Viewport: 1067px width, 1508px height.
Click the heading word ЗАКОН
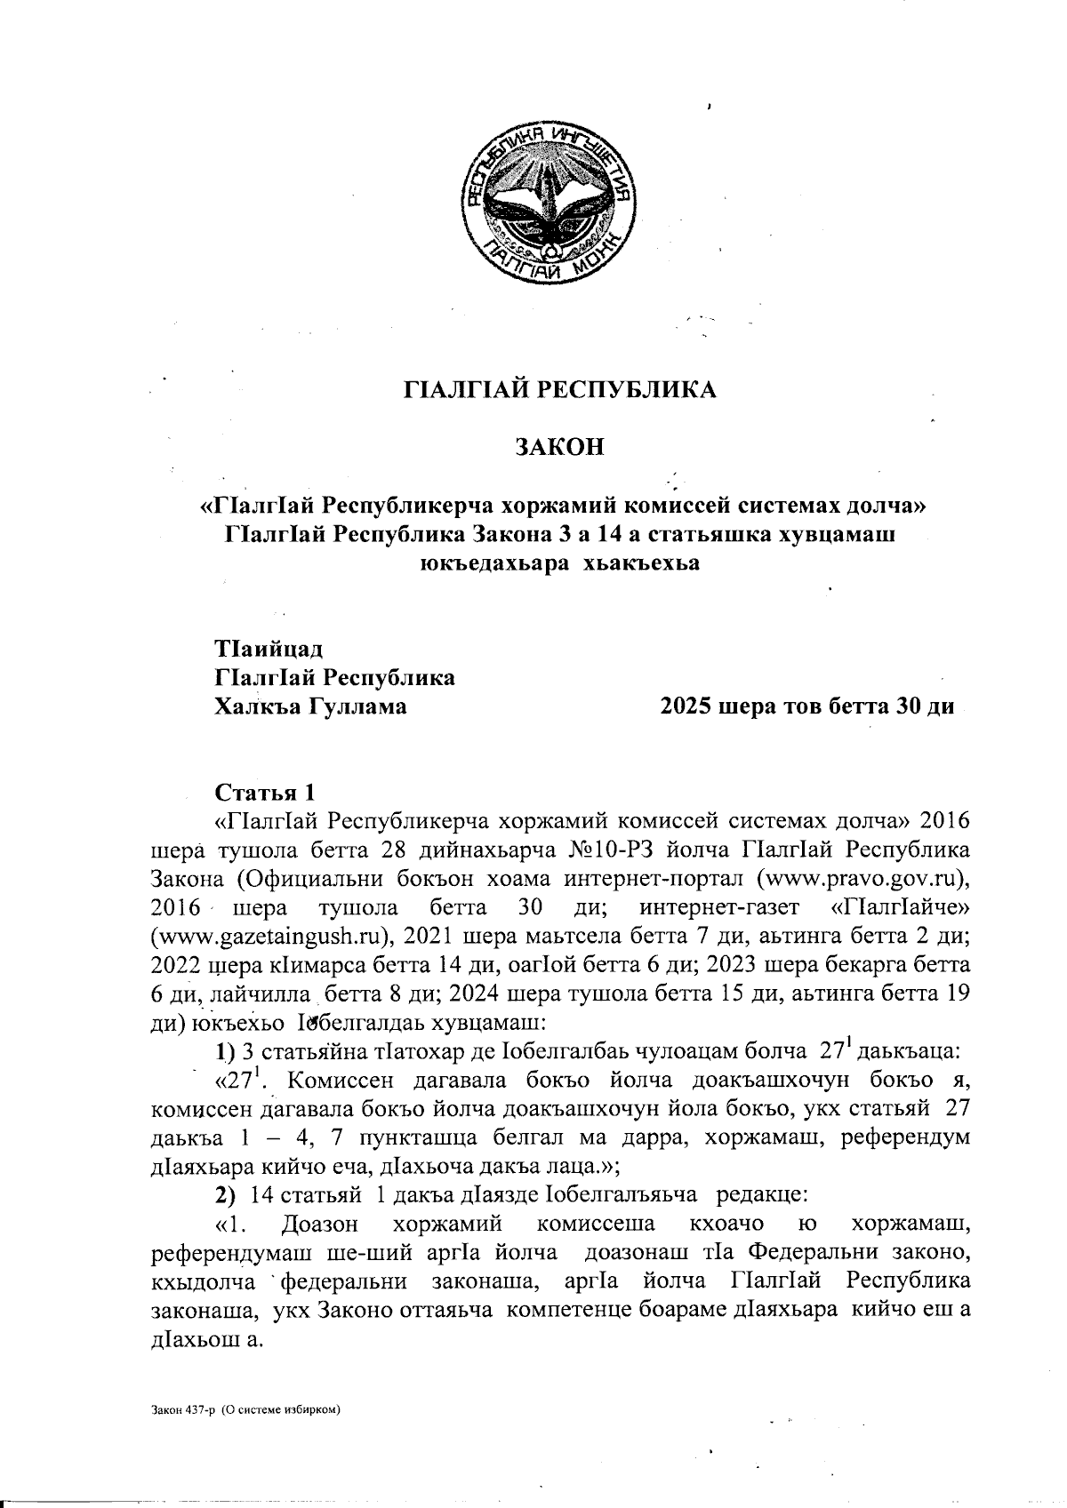tap(560, 446)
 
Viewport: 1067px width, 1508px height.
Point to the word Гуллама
tap(358, 707)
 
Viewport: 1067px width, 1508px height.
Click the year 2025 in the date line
tap(686, 707)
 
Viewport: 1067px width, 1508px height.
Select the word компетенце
tap(569, 1310)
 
